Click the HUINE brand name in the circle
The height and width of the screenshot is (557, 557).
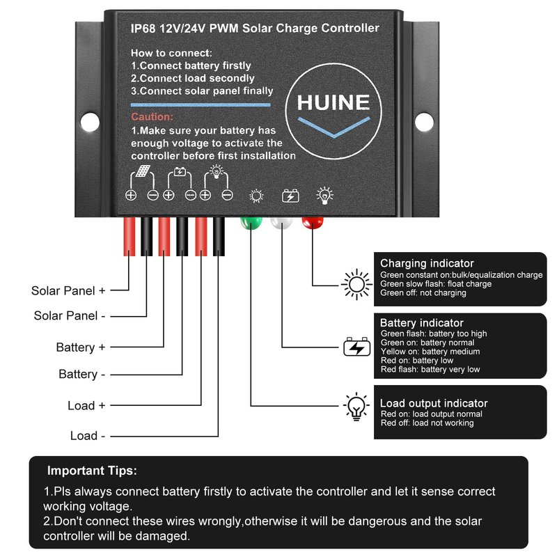pyautogui.click(x=333, y=103)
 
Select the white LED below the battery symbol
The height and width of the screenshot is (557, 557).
pyautogui.click(x=282, y=223)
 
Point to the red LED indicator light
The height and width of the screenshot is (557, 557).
pyautogui.click(x=313, y=223)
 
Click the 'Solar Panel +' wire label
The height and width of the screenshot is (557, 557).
pyautogui.click(x=68, y=290)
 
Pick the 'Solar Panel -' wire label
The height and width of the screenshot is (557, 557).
pyautogui.click(x=70, y=315)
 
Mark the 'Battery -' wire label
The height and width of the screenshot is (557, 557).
pyautogui.click(x=82, y=375)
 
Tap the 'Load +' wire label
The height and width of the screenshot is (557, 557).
pyautogui.click(x=86, y=405)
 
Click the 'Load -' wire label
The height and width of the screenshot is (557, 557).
pyautogui.click(x=88, y=436)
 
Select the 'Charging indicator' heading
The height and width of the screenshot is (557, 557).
pyautogui.click(x=427, y=263)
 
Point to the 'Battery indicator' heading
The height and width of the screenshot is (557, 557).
pyautogui.click(x=421, y=323)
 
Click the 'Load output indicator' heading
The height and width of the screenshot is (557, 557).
pyautogui.click(x=434, y=403)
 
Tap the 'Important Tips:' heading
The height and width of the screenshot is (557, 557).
pyautogui.click(x=92, y=471)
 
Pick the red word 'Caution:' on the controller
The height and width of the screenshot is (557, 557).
pyautogui.click(x=152, y=118)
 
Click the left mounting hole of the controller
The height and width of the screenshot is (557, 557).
pyautogui.click(x=91, y=123)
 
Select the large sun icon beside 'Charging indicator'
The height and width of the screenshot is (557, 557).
pyautogui.click(x=356, y=284)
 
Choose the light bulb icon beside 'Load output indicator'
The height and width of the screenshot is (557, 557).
pyautogui.click(x=356, y=405)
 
